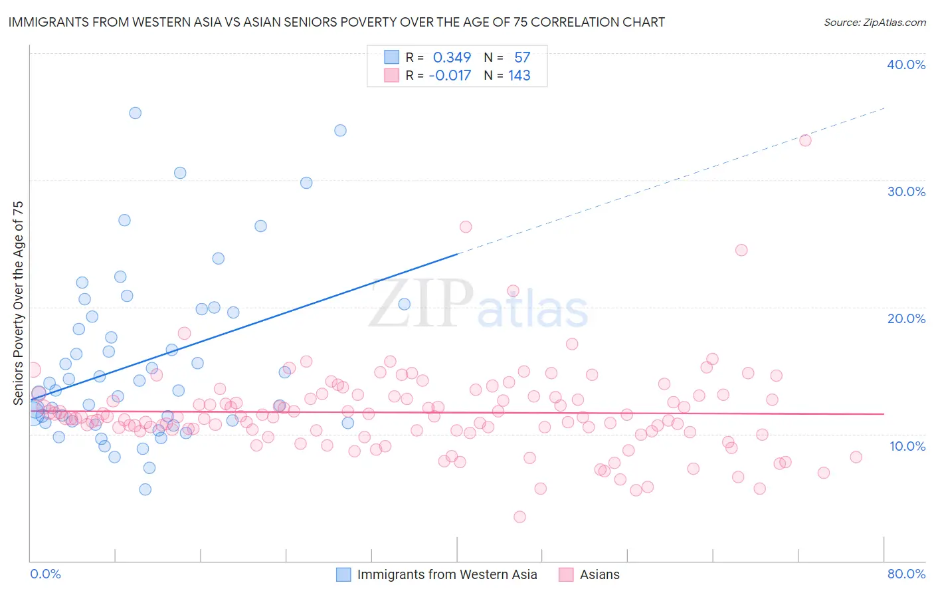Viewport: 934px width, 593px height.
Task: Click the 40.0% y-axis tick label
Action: point(906,64)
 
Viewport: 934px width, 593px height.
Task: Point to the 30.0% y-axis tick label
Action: point(906,191)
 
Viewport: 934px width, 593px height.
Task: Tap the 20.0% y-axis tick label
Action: point(906,318)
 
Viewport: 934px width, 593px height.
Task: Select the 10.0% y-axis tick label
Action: point(907,446)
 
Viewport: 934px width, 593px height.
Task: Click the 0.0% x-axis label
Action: point(45,574)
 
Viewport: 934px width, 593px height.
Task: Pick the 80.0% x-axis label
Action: point(906,574)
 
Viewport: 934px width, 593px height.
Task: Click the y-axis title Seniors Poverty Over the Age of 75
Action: point(18,302)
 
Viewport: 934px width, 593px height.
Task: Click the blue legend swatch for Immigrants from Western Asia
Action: point(343,574)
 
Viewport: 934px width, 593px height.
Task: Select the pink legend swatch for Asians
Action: point(566,574)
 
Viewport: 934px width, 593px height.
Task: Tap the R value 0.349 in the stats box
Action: point(452,58)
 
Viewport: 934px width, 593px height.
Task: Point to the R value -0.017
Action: point(450,76)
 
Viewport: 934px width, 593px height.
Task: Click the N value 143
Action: point(519,76)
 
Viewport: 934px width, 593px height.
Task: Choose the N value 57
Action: point(522,58)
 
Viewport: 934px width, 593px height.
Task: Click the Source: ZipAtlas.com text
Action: point(874,23)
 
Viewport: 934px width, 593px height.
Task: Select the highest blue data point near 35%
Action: point(135,113)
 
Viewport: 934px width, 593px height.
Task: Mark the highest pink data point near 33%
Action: point(805,140)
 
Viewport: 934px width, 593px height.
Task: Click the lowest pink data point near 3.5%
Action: point(520,517)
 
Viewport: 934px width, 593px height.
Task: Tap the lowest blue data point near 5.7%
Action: point(145,489)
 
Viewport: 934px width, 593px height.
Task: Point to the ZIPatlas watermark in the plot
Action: point(478,304)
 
